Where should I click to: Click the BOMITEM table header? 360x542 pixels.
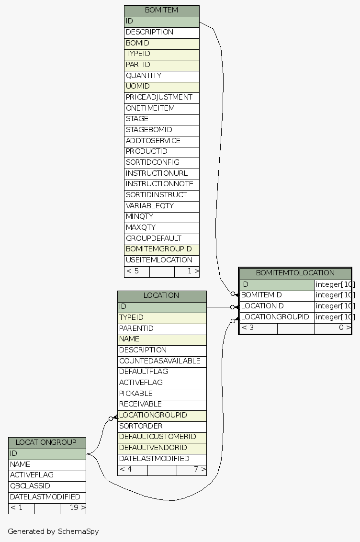(x=161, y=10)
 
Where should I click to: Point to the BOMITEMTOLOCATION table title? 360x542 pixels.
(x=295, y=273)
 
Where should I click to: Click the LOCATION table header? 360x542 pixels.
(x=161, y=295)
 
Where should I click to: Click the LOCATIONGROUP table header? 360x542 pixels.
(x=46, y=442)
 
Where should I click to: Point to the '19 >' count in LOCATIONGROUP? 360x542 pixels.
(x=73, y=508)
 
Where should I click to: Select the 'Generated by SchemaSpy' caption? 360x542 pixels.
(x=53, y=531)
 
